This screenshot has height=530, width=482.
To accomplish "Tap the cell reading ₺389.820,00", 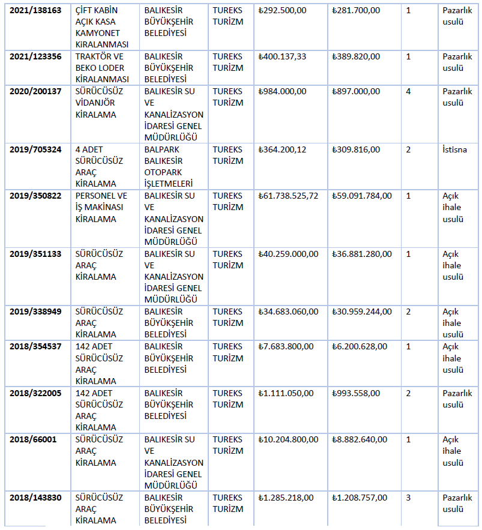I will pyautogui.click(x=356, y=56).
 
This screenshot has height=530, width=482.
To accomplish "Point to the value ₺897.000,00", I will pyautogui.click(x=356, y=91).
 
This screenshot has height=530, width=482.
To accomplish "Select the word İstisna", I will pyautogui.click(x=455, y=149).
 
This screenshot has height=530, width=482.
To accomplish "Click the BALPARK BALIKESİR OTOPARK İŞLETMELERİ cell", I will pyautogui.click(x=173, y=166).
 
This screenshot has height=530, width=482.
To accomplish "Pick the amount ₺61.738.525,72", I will pyautogui.click(x=288, y=196).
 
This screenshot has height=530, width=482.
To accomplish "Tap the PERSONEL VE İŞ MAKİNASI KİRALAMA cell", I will pyautogui.click(x=101, y=207).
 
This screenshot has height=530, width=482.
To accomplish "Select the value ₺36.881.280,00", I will pyautogui.click(x=361, y=254).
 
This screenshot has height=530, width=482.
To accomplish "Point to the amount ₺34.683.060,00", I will pyautogui.click(x=288, y=312).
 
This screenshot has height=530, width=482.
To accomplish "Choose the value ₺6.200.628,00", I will pyautogui.click(x=359, y=346).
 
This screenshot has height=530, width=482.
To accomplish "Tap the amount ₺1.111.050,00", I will pyautogui.click(x=286, y=393).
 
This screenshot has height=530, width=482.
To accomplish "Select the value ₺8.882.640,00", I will pyautogui.click(x=359, y=439).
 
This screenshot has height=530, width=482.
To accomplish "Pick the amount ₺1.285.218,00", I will pyautogui.click(x=286, y=498).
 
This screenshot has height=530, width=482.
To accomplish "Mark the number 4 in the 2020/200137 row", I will pyautogui.click(x=408, y=91).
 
